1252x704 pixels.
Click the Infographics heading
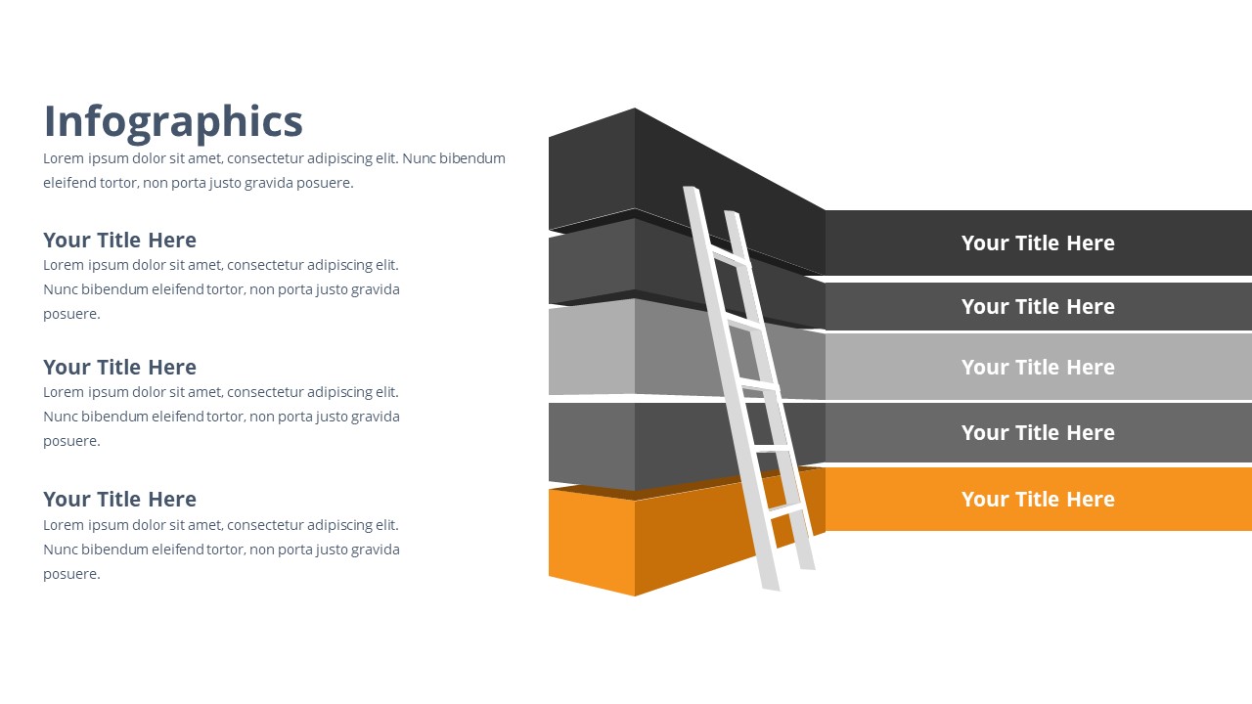(x=173, y=122)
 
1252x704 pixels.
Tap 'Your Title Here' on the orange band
(x=1038, y=499)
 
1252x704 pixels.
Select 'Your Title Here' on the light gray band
(x=1038, y=367)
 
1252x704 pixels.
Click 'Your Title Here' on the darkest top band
(x=1038, y=243)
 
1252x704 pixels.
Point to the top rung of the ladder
(x=730, y=259)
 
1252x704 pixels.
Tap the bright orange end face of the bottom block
(x=592, y=541)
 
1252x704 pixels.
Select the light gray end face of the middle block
(x=592, y=349)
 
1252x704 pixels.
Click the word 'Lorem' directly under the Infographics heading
(x=64, y=158)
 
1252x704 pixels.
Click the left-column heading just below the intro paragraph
(x=119, y=241)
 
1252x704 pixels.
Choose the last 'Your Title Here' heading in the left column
(x=119, y=499)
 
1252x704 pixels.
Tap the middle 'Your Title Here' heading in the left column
(x=119, y=367)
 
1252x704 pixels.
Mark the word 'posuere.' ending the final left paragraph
(x=71, y=574)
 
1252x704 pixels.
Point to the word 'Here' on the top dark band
(x=1091, y=243)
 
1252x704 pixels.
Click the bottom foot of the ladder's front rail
(x=771, y=587)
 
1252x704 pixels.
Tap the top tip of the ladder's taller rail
(x=691, y=189)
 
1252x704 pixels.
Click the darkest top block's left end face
(x=592, y=169)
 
